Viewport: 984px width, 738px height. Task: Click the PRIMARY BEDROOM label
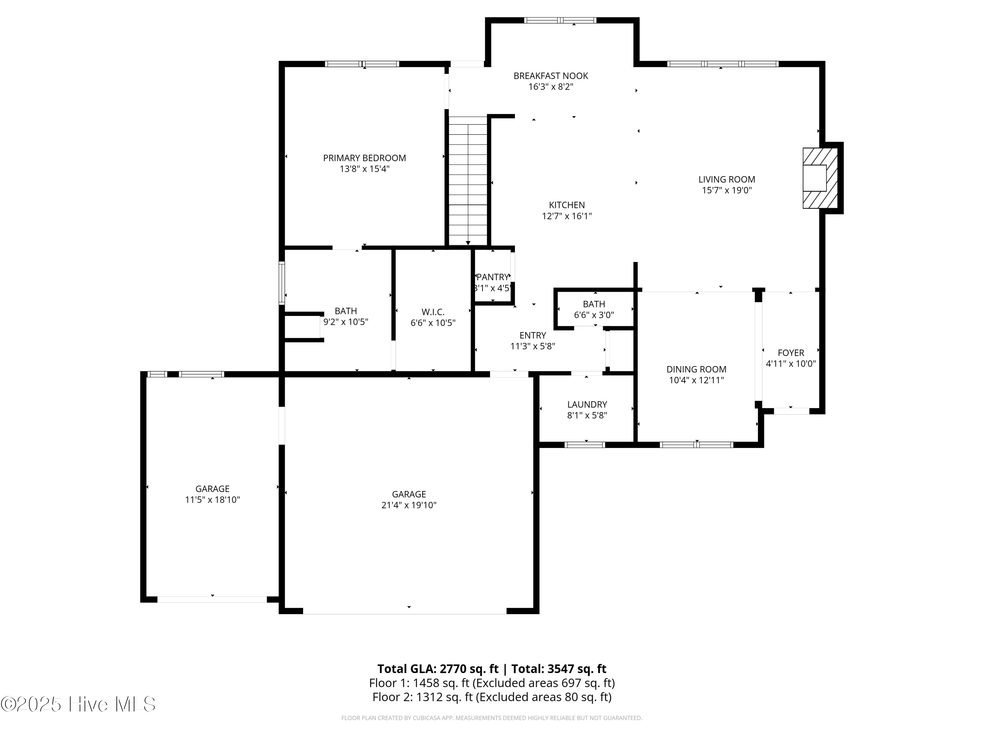[x=364, y=158]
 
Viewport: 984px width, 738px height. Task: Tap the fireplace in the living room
[x=820, y=178]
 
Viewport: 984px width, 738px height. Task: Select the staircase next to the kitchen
[x=468, y=180]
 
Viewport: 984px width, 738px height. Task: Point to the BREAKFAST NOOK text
[x=551, y=76]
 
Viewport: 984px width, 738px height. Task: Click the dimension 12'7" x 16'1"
[x=567, y=216]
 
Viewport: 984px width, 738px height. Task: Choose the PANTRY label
[x=492, y=277]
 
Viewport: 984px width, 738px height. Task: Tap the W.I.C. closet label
[x=433, y=312]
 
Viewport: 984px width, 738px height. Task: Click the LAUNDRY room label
[x=587, y=404]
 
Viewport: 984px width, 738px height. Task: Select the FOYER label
[x=790, y=353]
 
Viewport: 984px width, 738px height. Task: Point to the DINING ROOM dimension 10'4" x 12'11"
[x=696, y=380]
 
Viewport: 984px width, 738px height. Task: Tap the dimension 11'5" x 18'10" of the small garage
[x=212, y=500]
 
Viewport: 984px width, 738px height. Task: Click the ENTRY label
[x=532, y=336]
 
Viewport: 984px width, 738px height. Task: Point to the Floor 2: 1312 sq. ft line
[x=492, y=697]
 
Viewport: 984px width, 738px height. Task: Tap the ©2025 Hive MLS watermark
[x=78, y=704]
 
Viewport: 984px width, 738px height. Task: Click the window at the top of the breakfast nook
[x=560, y=20]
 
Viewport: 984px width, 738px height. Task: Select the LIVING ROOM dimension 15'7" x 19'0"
[x=727, y=190]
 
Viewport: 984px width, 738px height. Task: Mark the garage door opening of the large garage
[x=404, y=611]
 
